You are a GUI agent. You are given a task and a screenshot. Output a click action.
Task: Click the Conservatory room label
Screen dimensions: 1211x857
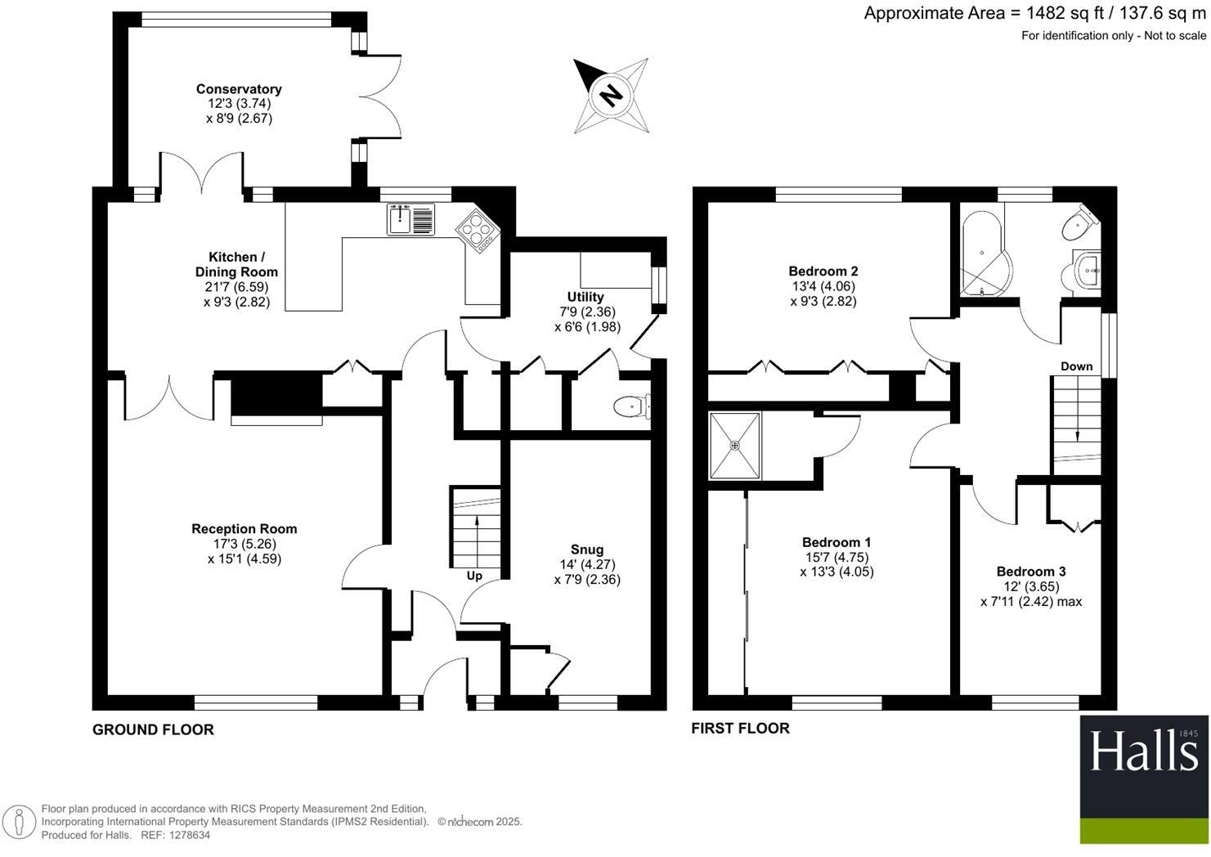pos(239,89)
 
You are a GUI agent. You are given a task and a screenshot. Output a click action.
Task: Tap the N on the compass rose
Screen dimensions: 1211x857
pos(611,96)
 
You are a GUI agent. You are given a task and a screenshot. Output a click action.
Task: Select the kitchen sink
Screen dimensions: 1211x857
pos(410,219)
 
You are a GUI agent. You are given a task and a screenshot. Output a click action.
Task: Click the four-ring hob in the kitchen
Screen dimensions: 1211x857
pos(478,231)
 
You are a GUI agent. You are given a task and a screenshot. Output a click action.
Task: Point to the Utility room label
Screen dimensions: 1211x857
pos(585,297)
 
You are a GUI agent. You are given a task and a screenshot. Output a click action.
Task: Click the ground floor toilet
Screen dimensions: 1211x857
pos(632,406)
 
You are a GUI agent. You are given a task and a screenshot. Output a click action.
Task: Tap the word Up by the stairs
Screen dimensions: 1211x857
pos(474,577)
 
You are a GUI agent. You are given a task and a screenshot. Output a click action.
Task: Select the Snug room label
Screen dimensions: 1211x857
pos(587,550)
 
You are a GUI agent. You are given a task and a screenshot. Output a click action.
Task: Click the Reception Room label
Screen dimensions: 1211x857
pos(244,529)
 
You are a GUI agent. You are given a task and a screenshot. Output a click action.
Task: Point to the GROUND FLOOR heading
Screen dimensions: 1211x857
pos(154,730)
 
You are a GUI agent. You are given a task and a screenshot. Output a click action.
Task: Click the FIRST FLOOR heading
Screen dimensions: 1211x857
pos(741,729)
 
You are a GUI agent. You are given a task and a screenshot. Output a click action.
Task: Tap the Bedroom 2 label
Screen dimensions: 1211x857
pos(823,271)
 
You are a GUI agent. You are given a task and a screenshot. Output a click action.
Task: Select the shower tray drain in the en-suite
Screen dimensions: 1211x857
pos(735,446)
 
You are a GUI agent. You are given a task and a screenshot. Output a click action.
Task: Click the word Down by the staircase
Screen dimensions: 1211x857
pos(1076,366)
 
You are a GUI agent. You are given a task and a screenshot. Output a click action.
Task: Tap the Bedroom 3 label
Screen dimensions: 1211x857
pos(1031,572)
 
